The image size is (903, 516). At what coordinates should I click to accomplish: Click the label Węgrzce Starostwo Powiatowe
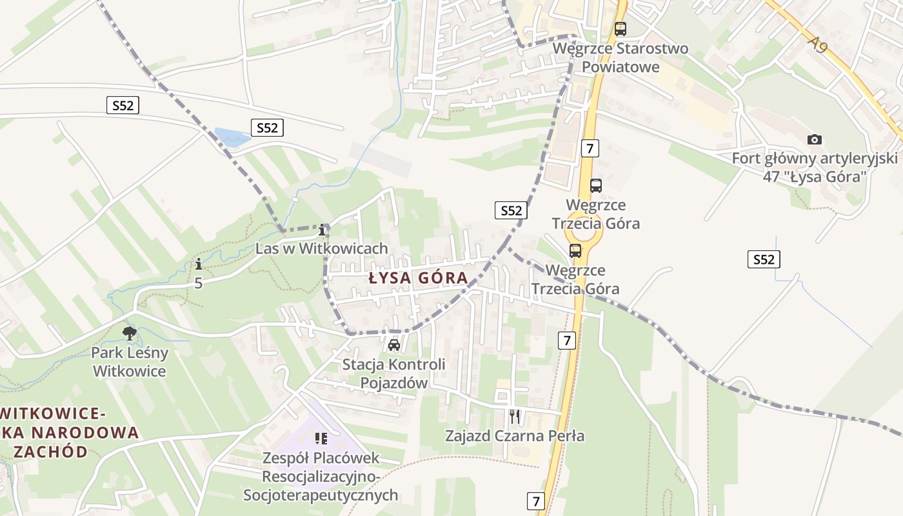(x=620, y=57)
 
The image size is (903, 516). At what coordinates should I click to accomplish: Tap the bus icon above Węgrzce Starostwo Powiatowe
(x=620, y=29)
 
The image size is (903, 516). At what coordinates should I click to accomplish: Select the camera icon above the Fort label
(x=815, y=139)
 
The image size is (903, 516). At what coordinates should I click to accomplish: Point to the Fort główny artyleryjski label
(x=815, y=167)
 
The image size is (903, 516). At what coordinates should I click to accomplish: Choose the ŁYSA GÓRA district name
(x=419, y=278)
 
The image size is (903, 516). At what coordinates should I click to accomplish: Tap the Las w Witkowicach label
(x=322, y=248)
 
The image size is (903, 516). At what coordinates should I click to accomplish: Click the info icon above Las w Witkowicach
(x=322, y=230)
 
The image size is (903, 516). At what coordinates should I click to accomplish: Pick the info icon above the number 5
(x=199, y=264)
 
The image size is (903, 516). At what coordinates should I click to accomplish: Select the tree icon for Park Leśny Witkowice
(x=130, y=333)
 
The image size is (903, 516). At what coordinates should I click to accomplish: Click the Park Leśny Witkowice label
(x=130, y=362)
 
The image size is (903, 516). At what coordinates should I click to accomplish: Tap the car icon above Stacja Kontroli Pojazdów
(x=394, y=345)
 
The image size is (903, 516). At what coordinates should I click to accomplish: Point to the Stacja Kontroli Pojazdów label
(x=393, y=373)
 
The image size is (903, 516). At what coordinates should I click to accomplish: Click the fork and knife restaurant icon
(x=515, y=417)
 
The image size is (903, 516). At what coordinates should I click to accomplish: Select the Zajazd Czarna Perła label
(x=515, y=436)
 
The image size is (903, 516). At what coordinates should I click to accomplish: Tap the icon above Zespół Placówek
(x=321, y=439)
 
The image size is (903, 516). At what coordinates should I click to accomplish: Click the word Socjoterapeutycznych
(x=321, y=495)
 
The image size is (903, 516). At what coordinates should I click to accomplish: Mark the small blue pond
(x=231, y=137)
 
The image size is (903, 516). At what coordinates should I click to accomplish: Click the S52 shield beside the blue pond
(x=267, y=128)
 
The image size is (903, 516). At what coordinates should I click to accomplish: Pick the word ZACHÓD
(x=50, y=451)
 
